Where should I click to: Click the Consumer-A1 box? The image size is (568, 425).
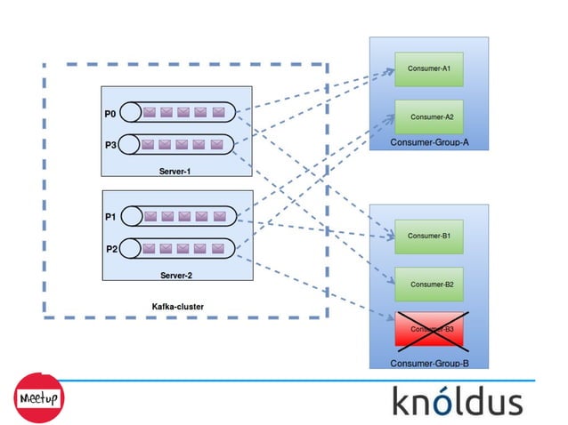pos(429,68)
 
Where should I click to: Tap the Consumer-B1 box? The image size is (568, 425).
pos(429,236)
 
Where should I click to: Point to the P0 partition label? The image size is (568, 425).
pos(110,113)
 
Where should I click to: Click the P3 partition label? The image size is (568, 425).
pos(110,144)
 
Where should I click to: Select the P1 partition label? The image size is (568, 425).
pos(110,216)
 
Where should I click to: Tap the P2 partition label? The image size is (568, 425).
pos(111,248)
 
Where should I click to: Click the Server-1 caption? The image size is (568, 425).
pos(175,171)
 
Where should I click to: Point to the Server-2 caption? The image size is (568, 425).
pos(175,276)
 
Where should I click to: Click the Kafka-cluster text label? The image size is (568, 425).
pos(178,307)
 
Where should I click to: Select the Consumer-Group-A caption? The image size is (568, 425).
pos(429,142)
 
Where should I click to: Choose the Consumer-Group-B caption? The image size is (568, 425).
pos(429,363)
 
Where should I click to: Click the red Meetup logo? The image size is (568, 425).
pos(37,397)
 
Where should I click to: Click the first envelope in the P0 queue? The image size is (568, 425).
pos(149,113)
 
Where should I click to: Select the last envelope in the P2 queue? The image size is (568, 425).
pos(218,248)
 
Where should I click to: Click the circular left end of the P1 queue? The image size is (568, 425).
pos(130,216)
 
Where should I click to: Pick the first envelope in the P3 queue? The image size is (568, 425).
pos(149,144)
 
